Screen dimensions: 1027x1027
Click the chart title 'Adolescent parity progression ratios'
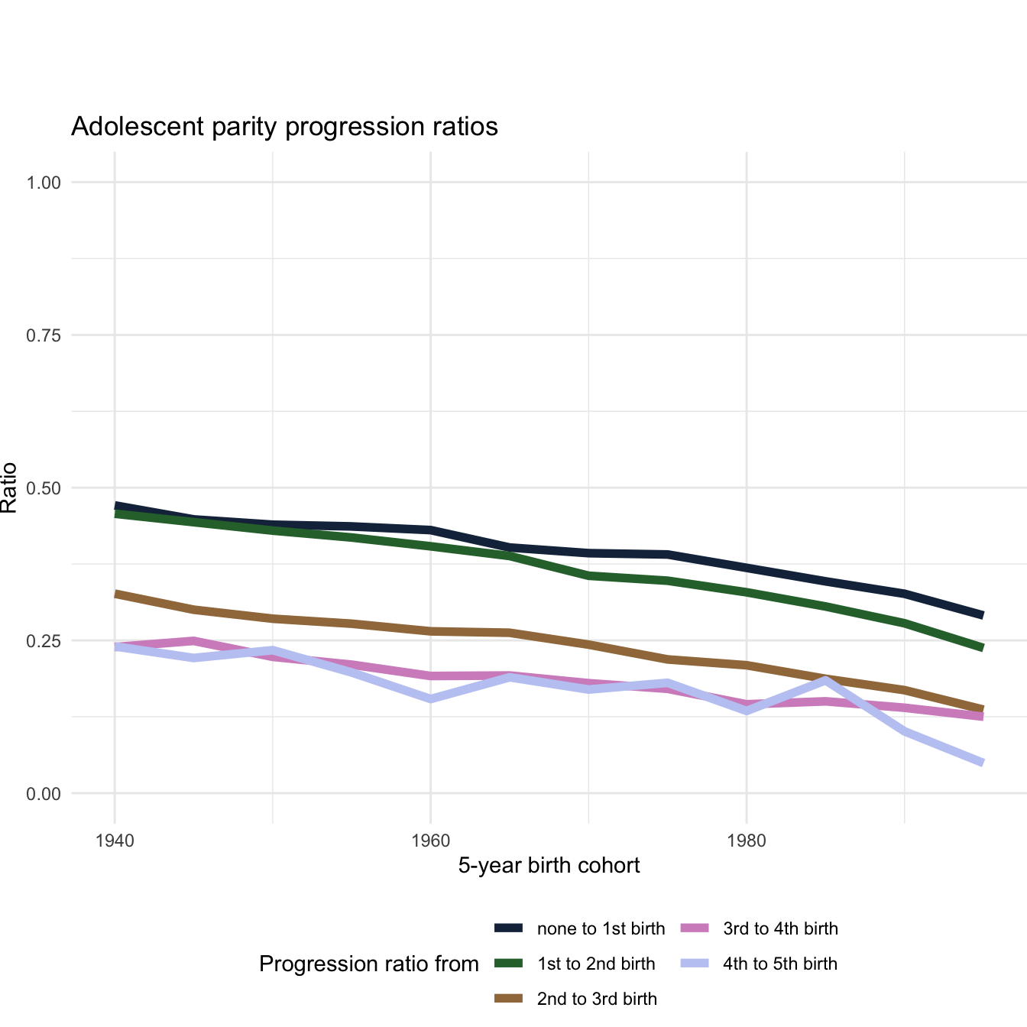[284, 126]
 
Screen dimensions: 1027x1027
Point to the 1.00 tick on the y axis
[44, 183]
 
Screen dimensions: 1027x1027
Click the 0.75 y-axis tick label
[44, 335]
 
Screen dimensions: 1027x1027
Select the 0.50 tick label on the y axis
[44, 488]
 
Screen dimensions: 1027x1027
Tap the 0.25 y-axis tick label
[44, 641]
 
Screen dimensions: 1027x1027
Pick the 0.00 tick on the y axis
[44, 794]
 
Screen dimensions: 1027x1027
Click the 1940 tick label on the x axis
[115, 841]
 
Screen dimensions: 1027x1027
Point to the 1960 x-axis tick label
[431, 841]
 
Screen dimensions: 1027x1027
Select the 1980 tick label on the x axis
[747, 841]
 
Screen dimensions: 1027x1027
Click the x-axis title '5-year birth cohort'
[549, 865]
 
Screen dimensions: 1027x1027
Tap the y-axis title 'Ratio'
[9, 488]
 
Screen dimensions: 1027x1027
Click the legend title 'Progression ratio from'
[369, 964]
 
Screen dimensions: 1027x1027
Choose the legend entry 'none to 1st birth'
[601, 928]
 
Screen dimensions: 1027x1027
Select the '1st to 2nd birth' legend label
[596, 964]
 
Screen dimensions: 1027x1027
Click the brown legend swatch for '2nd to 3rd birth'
[508, 999]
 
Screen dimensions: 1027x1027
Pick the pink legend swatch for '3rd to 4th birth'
[694, 928]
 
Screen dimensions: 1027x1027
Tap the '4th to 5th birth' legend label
[780, 964]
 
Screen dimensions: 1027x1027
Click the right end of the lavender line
[983, 763]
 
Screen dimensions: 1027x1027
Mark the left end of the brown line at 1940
[115, 594]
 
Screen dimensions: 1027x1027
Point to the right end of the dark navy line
[983, 615]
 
